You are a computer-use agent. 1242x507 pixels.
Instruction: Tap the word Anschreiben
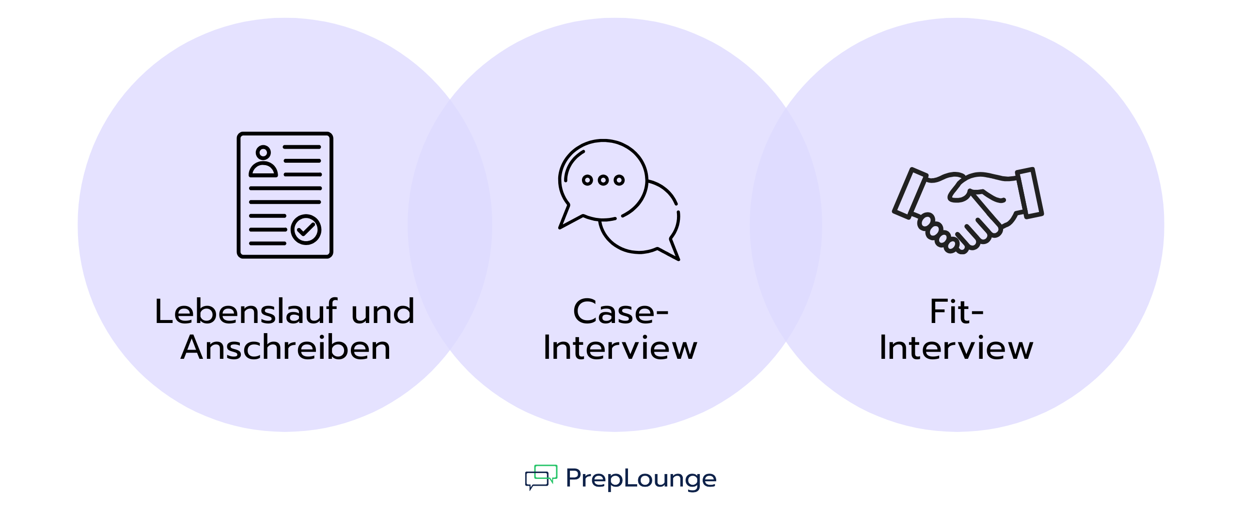point(285,348)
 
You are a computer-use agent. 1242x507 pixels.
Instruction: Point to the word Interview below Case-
point(620,348)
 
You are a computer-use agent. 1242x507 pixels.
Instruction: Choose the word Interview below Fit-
point(956,348)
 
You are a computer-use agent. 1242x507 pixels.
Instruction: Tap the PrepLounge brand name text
point(641,478)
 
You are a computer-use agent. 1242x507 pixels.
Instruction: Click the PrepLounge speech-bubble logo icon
point(541,477)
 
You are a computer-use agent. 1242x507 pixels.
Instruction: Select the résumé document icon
point(285,195)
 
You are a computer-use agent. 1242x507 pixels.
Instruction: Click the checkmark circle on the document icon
point(306,230)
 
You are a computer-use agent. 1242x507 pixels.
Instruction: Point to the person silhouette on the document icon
point(263,162)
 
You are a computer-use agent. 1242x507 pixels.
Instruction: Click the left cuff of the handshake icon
point(910,193)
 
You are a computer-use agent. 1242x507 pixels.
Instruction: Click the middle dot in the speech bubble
point(603,180)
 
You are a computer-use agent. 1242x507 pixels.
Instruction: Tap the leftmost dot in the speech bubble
point(587,180)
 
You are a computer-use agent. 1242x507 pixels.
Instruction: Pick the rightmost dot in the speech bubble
point(619,180)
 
